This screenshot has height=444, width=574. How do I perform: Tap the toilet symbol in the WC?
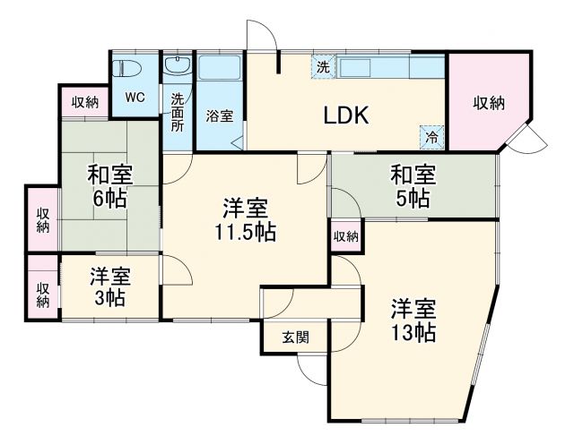125,70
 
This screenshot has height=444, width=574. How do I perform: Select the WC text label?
135,98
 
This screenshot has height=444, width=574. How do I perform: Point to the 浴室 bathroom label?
219,116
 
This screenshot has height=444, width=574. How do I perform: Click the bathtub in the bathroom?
219,73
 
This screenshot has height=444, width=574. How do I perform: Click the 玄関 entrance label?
296,337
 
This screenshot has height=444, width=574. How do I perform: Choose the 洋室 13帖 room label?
413,321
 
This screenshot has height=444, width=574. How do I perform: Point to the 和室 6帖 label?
109,186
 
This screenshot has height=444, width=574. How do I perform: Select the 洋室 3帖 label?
109,286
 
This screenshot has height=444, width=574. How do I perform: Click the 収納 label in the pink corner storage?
490,103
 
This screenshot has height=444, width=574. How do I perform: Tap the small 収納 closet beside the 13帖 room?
346,236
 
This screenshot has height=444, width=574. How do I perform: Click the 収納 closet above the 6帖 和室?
85,102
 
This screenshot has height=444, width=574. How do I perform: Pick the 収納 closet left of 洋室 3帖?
42,295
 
